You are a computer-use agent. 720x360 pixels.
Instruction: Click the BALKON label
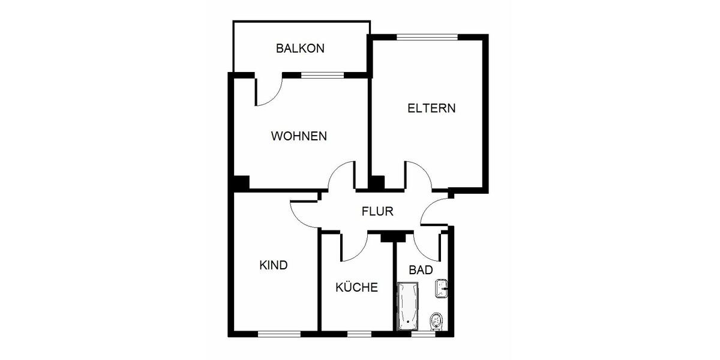(x=300, y=49)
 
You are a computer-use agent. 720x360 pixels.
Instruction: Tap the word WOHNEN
(x=299, y=136)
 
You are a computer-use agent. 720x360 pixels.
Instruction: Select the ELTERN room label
(x=431, y=109)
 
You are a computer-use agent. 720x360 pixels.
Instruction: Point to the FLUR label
(x=377, y=211)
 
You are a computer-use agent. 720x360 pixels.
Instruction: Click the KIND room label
(x=274, y=265)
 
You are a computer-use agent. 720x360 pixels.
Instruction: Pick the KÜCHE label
(x=356, y=287)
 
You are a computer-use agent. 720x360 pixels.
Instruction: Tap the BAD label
(x=421, y=270)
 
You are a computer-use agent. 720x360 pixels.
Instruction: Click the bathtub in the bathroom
(x=408, y=306)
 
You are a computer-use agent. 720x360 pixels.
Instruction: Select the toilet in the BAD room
(x=437, y=322)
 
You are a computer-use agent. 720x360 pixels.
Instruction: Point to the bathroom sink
(x=442, y=287)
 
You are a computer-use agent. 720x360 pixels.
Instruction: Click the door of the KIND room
(x=305, y=214)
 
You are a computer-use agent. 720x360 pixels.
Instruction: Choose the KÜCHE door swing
(x=355, y=247)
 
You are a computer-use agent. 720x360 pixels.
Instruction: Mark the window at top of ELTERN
(x=427, y=37)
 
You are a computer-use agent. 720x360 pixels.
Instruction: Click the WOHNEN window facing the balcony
(x=323, y=75)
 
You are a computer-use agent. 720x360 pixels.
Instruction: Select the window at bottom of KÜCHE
(x=359, y=333)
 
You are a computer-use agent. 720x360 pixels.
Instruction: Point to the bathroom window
(x=423, y=333)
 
